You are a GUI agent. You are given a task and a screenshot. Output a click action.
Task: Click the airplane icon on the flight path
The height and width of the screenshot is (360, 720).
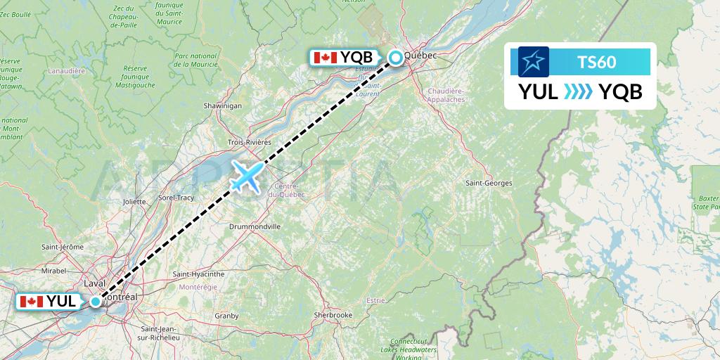246,176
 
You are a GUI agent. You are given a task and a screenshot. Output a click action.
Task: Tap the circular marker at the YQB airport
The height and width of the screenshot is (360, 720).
397,58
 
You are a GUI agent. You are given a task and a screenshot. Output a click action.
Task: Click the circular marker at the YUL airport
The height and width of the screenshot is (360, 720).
96,302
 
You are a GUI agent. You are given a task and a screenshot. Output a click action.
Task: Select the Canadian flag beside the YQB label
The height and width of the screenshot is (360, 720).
326,58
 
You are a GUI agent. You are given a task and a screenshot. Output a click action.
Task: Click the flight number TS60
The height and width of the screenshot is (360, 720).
596,63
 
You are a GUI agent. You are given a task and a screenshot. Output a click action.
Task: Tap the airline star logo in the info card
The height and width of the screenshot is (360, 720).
534,62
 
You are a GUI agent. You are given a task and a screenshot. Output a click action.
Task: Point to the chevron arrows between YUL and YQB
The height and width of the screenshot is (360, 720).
579,92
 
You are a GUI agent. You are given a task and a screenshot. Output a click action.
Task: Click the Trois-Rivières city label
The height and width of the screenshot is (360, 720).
249,142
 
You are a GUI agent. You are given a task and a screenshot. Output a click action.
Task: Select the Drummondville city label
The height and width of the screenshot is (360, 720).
255,226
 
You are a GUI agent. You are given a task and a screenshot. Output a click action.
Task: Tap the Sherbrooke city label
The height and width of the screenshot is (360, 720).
333,315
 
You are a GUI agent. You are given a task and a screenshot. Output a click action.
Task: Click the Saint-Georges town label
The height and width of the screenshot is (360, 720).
489,184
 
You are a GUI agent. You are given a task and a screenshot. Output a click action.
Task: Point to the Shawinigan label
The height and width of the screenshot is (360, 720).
222,105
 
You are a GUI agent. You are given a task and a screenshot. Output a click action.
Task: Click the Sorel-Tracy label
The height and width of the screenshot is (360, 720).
176,198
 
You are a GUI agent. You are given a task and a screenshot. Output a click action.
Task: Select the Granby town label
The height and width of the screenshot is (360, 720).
226,316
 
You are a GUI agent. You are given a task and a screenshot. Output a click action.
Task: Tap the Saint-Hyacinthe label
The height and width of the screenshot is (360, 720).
198,274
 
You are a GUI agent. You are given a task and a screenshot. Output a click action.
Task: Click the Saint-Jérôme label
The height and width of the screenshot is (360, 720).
63,247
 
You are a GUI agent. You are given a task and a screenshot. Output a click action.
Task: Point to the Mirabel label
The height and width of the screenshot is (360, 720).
54,269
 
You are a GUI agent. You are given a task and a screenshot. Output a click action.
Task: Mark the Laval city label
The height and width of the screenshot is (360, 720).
94,283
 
